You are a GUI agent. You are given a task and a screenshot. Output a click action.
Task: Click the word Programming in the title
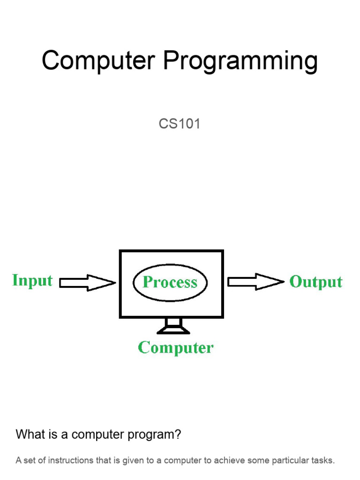tap(240, 62)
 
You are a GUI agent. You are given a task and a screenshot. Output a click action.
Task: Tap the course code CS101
tap(180, 124)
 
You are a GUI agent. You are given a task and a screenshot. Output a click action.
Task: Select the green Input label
tap(32, 281)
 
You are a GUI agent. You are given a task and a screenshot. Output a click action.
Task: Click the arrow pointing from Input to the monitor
tap(88, 283)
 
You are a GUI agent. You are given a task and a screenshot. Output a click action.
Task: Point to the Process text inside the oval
tap(170, 282)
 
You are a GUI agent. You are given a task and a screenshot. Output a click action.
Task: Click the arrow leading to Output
tap(255, 282)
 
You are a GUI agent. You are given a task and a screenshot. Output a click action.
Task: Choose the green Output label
tap(316, 282)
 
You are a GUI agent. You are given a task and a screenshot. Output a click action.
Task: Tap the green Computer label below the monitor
tap(176, 348)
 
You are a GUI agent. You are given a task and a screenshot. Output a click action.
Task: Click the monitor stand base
tap(173, 331)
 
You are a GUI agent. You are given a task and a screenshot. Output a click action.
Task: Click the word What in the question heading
tap(30, 435)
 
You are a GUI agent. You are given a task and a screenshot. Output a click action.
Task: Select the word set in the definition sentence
tap(30, 460)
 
